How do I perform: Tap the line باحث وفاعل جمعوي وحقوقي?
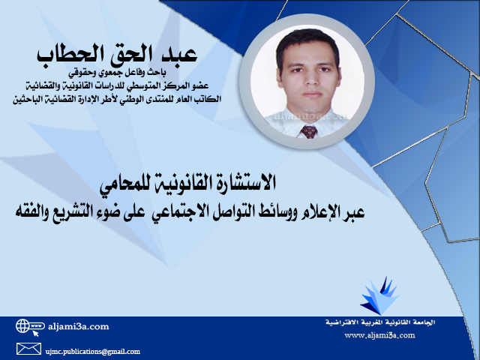point(117,73)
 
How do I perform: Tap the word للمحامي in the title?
point(125,184)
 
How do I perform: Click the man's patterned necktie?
point(309,131)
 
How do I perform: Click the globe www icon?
point(30,327)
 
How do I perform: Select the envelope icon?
point(28,349)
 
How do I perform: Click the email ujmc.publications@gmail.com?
point(93,352)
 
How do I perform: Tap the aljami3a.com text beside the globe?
point(78,326)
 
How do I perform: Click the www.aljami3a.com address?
point(379,335)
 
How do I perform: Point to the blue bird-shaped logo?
point(379,295)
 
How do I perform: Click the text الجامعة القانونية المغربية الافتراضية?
point(380,322)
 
